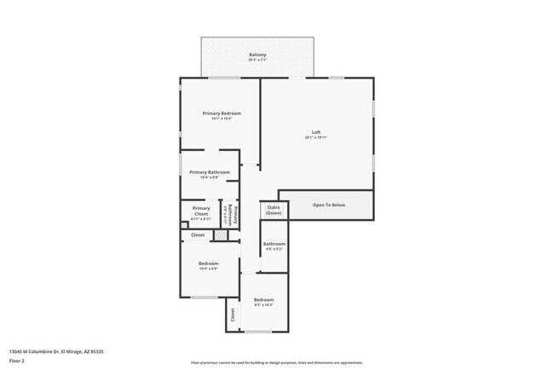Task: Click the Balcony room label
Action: coord(257,55)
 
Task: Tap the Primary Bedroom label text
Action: coord(221,113)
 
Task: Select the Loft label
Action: coord(316,131)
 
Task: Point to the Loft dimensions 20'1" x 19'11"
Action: coord(316,137)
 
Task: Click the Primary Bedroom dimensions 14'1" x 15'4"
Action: coord(221,119)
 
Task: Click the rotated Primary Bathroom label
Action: coord(235,214)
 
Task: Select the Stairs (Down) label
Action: coord(274,209)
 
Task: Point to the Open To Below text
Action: coord(329,205)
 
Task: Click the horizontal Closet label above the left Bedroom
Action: coord(197,234)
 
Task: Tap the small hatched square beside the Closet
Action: coord(221,234)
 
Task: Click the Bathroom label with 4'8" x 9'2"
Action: coord(274,244)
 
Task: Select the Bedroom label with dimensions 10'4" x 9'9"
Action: coord(209,263)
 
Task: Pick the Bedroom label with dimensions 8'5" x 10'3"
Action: coord(263,299)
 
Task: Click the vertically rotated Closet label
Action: coord(233,315)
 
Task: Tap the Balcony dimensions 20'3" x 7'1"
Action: coord(257,61)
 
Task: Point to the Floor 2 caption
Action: coord(18,361)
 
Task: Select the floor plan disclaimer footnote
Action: coord(276,361)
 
